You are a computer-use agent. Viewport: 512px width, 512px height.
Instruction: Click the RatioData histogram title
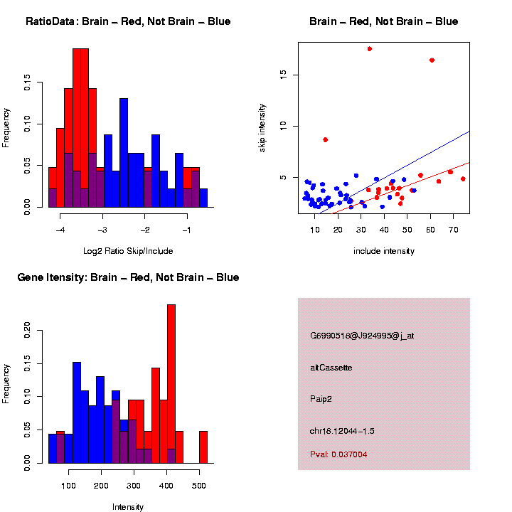[128, 21]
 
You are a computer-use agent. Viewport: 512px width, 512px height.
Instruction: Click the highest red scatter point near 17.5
[370, 49]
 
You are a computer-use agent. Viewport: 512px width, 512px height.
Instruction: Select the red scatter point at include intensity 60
[432, 60]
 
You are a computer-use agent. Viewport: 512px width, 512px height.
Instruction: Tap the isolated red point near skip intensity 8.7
[325, 139]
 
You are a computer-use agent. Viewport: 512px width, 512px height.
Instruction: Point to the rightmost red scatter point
[463, 179]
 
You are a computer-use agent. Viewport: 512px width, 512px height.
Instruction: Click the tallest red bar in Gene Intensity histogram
[171, 384]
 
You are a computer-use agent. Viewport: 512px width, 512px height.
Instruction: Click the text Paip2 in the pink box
[321, 399]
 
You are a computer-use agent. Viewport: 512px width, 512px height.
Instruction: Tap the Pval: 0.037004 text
[339, 454]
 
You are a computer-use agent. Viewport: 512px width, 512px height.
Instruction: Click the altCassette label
[331, 368]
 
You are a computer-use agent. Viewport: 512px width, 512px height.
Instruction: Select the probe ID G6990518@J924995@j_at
[362, 336]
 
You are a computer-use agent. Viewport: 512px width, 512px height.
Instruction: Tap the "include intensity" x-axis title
[384, 251]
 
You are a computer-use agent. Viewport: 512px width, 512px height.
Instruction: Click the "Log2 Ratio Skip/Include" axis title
[128, 251]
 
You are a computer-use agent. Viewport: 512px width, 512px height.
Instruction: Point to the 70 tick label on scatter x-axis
[453, 229]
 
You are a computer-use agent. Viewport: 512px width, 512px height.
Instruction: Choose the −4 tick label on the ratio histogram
[60, 230]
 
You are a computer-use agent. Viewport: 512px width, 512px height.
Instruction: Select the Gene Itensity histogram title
[128, 277]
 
